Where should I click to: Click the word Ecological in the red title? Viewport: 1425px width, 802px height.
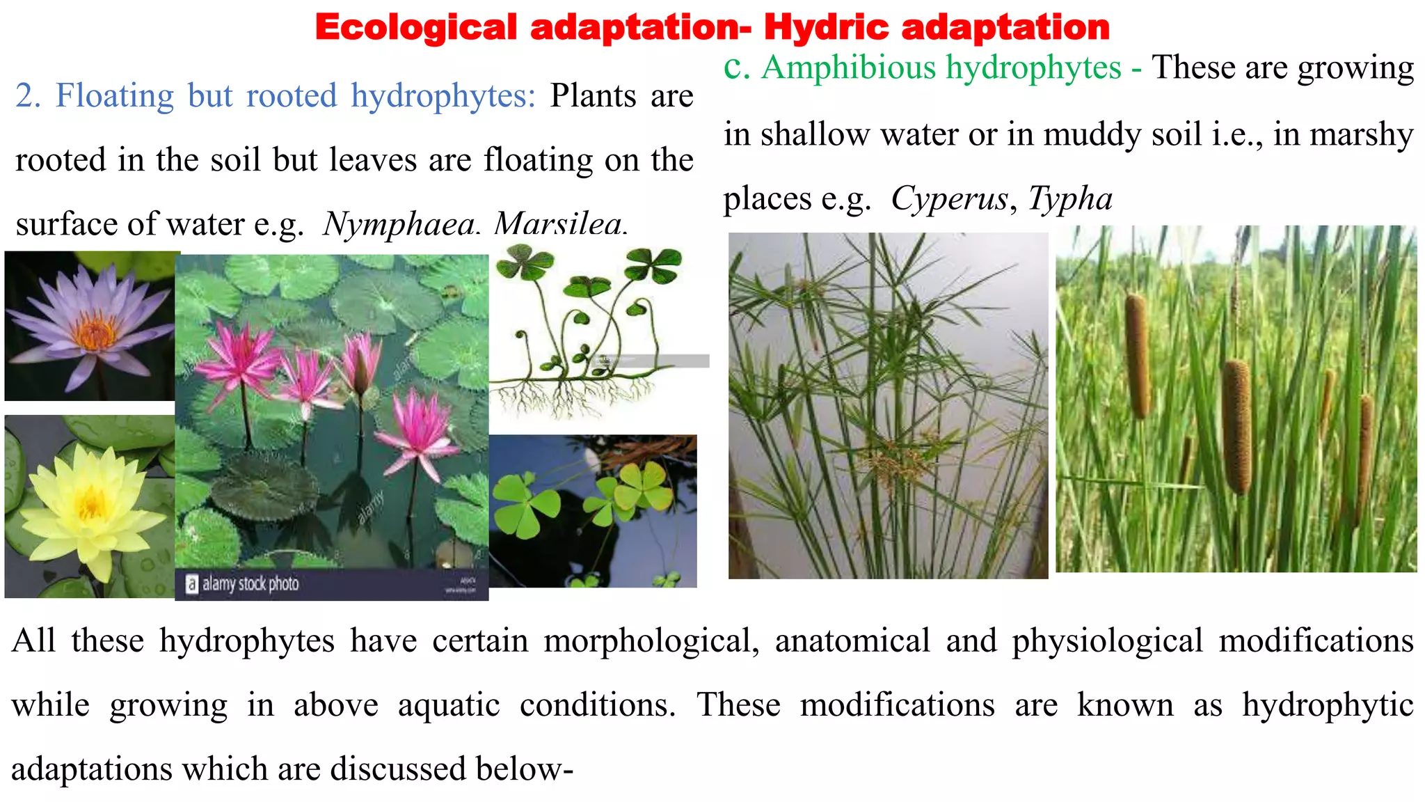tap(416, 28)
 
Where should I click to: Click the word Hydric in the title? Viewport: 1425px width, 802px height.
tap(826, 28)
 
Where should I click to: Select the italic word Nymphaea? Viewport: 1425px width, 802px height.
tap(399, 224)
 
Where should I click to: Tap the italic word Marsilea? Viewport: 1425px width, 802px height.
tap(560, 224)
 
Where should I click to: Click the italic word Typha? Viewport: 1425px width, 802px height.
tap(1070, 199)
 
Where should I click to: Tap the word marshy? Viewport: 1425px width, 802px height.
tap(1361, 134)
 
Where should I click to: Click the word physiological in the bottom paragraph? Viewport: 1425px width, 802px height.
tap(1107, 640)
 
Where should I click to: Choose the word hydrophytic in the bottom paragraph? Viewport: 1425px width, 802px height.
tap(1328, 705)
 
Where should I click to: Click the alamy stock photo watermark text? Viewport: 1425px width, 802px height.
tap(250, 583)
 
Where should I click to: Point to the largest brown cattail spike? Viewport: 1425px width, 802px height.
tap(1236, 426)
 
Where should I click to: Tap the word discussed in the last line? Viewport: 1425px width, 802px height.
tap(397, 769)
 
